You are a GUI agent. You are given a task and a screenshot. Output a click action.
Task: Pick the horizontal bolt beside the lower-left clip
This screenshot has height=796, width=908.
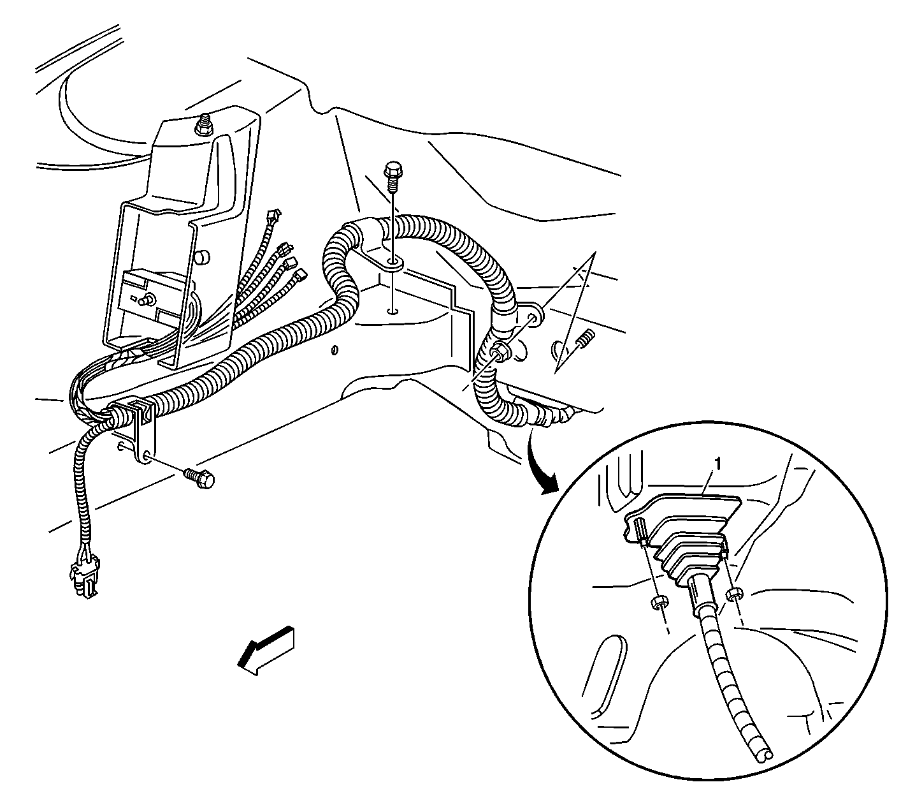198,478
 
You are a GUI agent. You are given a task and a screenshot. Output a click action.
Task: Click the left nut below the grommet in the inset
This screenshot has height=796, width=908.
659,601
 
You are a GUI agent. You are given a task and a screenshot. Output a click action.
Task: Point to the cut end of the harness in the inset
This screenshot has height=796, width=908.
767,755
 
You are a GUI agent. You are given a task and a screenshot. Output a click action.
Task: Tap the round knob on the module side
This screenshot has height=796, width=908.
203,256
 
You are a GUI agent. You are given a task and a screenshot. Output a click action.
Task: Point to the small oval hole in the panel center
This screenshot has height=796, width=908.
333,350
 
